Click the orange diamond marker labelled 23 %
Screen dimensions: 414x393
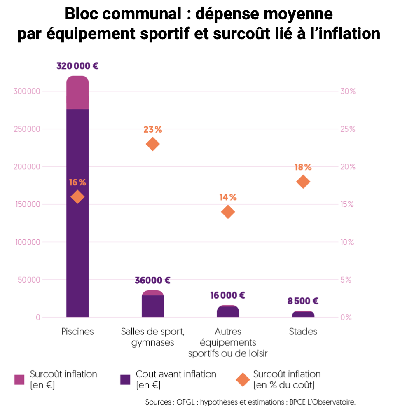point(152,144)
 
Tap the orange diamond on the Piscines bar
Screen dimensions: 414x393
point(77,197)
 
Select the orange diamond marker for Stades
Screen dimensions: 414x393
point(303,182)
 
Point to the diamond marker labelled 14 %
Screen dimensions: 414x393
point(228,212)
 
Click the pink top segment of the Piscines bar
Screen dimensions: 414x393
point(77,93)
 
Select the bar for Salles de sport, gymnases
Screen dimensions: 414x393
point(152,305)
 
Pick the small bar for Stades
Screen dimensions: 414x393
point(303,314)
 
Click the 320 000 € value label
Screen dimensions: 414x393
point(77,66)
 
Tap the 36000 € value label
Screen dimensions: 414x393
point(152,281)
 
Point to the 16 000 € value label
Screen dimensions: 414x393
point(228,295)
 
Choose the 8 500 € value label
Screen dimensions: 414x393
point(303,301)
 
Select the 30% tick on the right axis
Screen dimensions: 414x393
point(348,91)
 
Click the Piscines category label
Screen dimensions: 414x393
point(77,332)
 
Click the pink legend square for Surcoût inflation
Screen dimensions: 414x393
point(19,379)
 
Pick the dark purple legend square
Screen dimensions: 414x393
point(125,379)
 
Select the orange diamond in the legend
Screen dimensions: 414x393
point(243,379)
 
